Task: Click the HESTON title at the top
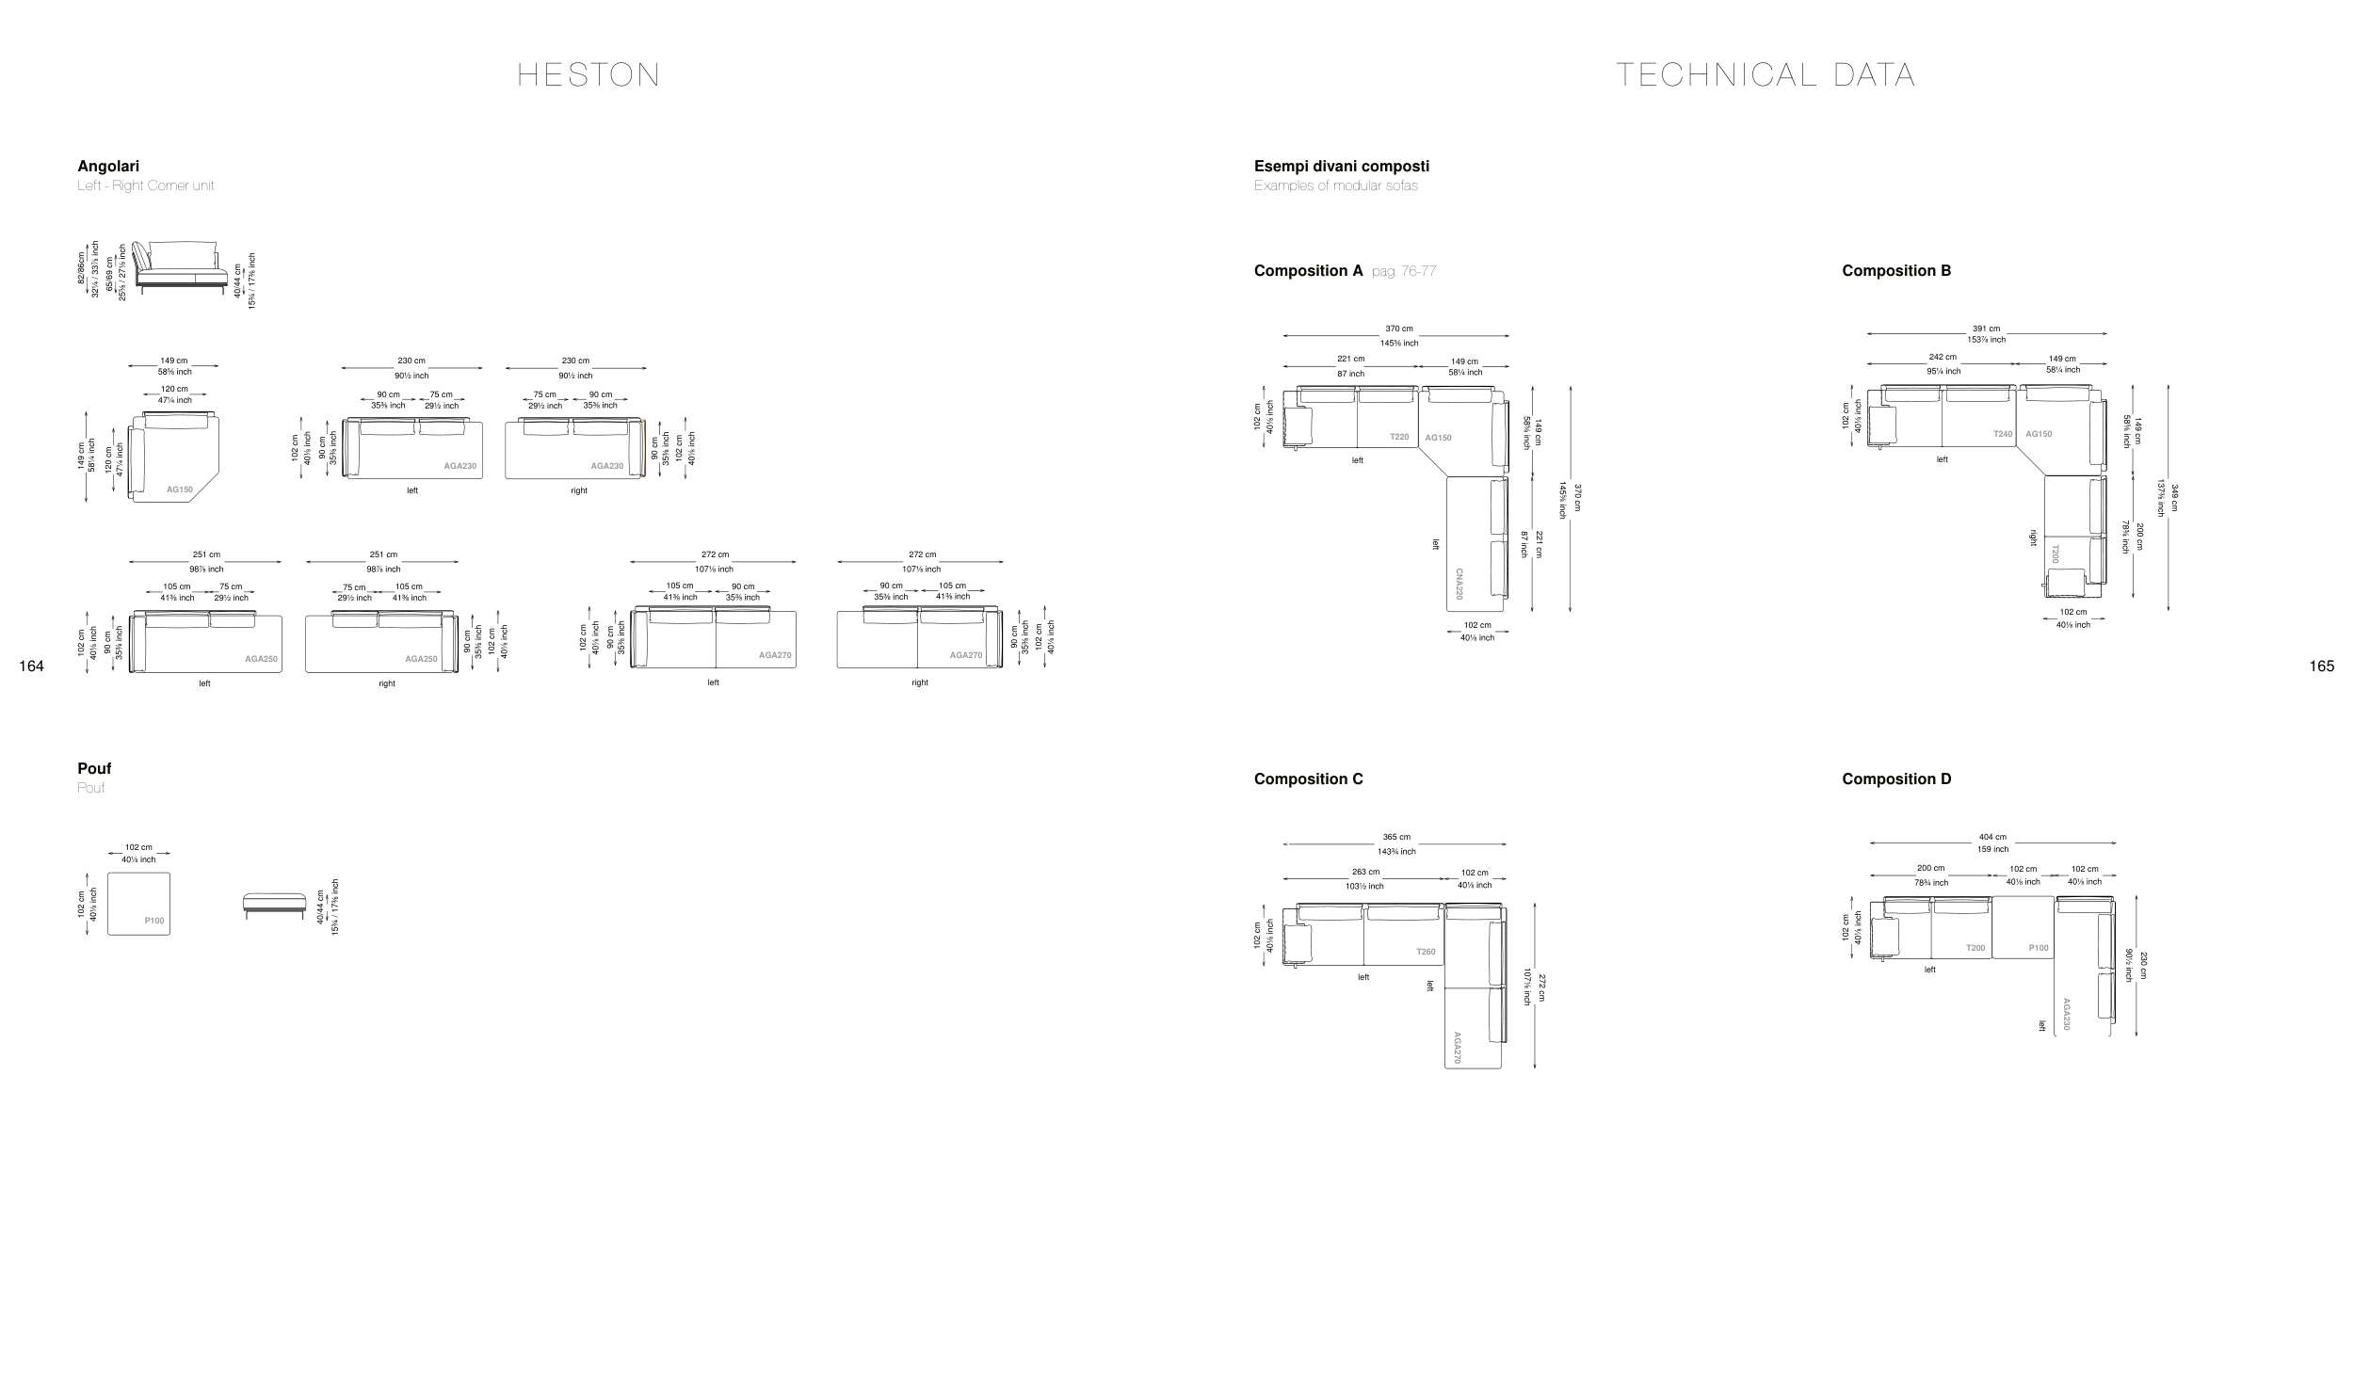pyautogui.click(x=588, y=75)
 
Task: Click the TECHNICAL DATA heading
pyautogui.click(x=1765, y=75)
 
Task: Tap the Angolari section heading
pyautogui.click(x=108, y=167)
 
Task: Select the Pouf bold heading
pyautogui.click(x=94, y=769)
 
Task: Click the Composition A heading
pyautogui.click(x=1308, y=271)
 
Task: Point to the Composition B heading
pyautogui.click(x=1896, y=271)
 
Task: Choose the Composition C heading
pyautogui.click(x=1308, y=779)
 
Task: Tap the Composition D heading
pyautogui.click(x=1896, y=779)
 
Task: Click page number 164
pyautogui.click(x=31, y=666)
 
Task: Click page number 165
pyautogui.click(x=2321, y=666)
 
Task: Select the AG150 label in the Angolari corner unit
pyautogui.click(x=180, y=489)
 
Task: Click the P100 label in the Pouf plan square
pyautogui.click(x=154, y=921)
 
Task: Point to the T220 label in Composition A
pyautogui.click(x=1399, y=437)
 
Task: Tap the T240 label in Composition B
pyautogui.click(x=2003, y=434)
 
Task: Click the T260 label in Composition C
pyautogui.click(x=1426, y=952)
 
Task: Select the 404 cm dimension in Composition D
pyautogui.click(x=1992, y=837)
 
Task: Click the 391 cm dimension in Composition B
pyautogui.click(x=1987, y=329)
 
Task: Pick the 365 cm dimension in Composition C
pyautogui.click(x=1396, y=837)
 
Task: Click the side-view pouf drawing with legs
pyautogui.click(x=274, y=904)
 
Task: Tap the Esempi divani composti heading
pyautogui.click(x=1341, y=167)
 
